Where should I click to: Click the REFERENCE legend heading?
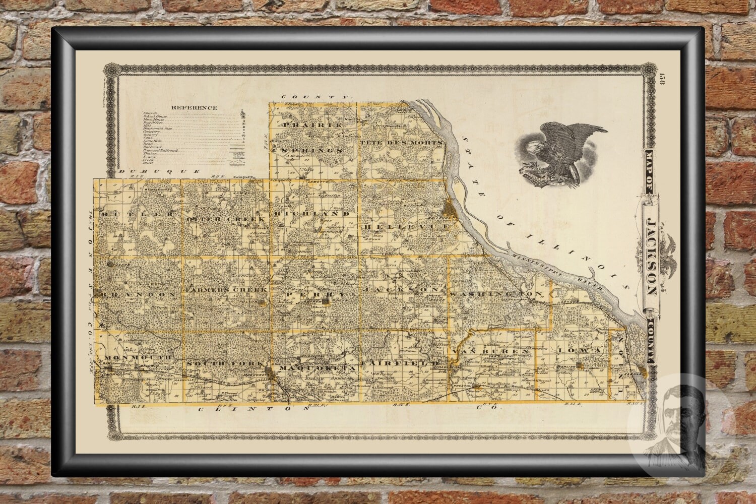pyautogui.click(x=194, y=107)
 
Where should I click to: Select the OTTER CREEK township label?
pyautogui.click(x=226, y=219)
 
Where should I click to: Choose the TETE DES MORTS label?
pyautogui.click(x=402, y=143)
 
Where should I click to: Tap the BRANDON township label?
pyautogui.click(x=139, y=293)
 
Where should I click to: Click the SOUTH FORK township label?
pyautogui.click(x=225, y=363)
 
